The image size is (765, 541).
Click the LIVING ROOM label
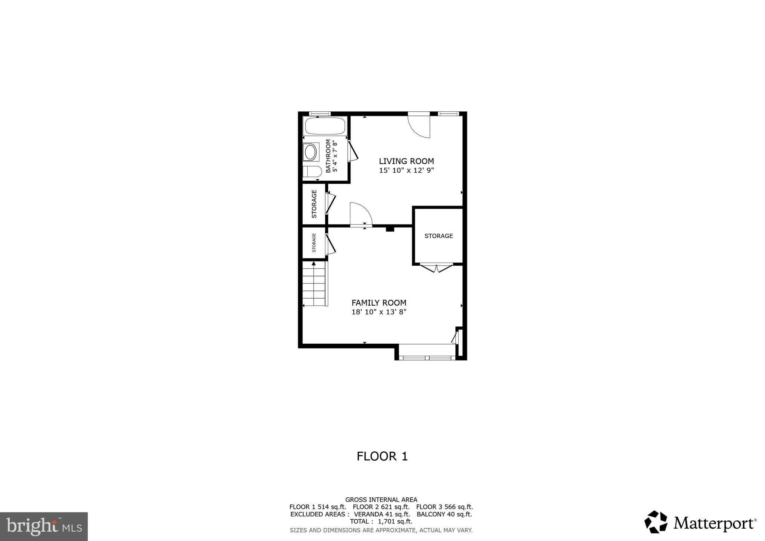[406, 161]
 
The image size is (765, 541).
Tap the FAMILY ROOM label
[379, 303]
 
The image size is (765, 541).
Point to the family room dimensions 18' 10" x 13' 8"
[379, 312]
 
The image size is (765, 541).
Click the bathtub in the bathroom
[325, 126]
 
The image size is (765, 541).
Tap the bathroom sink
[310, 152]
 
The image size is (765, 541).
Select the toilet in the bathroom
[312, 172]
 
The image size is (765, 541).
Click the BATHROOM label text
[328, 156]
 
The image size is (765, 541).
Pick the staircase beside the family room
[315, 284]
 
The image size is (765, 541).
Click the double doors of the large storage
[436, 268]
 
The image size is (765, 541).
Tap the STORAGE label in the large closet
[439, 236]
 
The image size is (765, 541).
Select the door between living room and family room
[361, 215]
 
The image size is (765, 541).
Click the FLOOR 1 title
[382, 456]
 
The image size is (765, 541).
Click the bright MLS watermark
[44, 527]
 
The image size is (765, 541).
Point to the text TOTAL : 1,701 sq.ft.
[381, 522]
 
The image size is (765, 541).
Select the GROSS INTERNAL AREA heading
[381, 500]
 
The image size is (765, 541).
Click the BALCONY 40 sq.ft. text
[444, 514]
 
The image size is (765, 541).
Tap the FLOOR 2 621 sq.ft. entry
[381, 507]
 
